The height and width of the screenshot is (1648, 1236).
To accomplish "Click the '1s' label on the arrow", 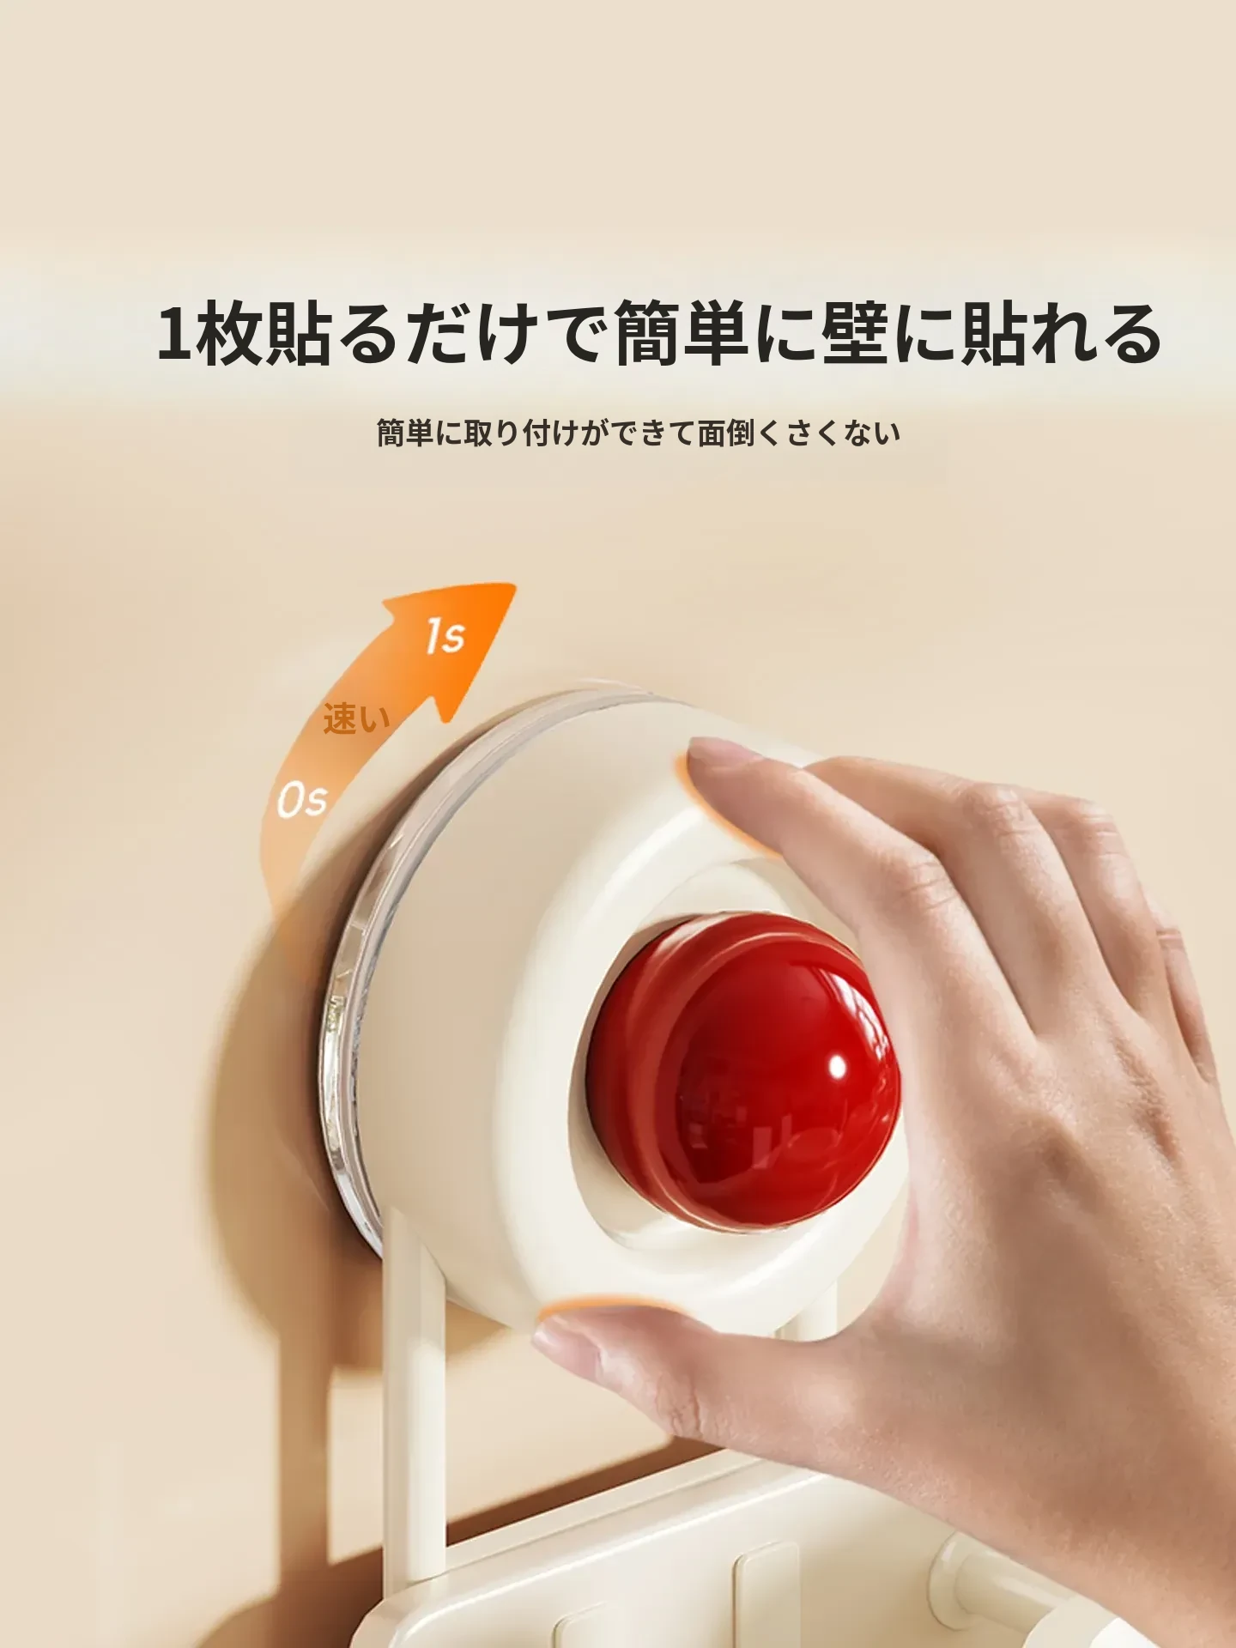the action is (x=445, y=636).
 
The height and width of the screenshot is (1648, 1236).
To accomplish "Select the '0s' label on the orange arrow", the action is (x=301, y=801).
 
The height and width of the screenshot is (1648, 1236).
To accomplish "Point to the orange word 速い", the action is (x=356, y=719).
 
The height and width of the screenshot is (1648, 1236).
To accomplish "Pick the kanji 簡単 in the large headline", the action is (x=682, y=333).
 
